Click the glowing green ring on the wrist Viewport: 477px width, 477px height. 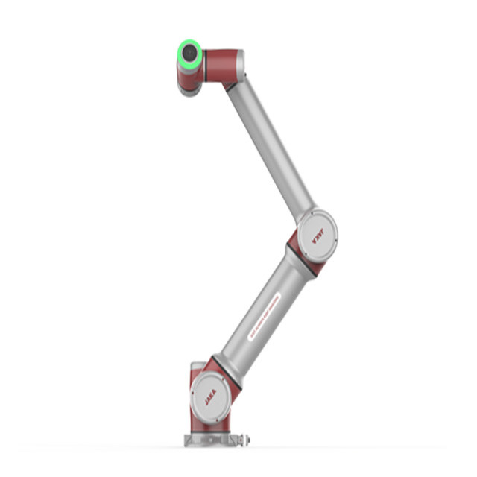point(180,54)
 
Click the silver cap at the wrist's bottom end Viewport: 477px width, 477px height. point(189,90)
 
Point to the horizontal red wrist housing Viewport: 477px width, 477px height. point(220,61)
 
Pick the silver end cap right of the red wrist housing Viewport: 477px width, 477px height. point(240,64)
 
